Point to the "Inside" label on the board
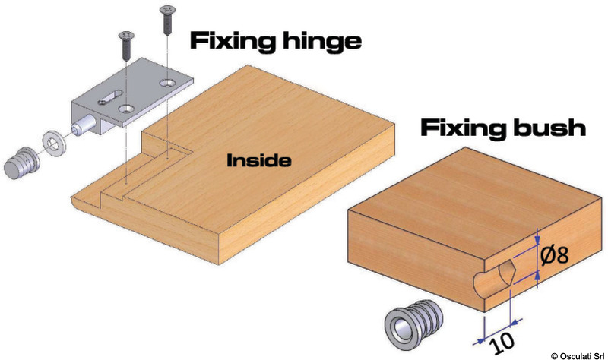tap(258, 161)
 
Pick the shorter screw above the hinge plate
tap(124, 48)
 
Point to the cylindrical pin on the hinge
tap(84, 125)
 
